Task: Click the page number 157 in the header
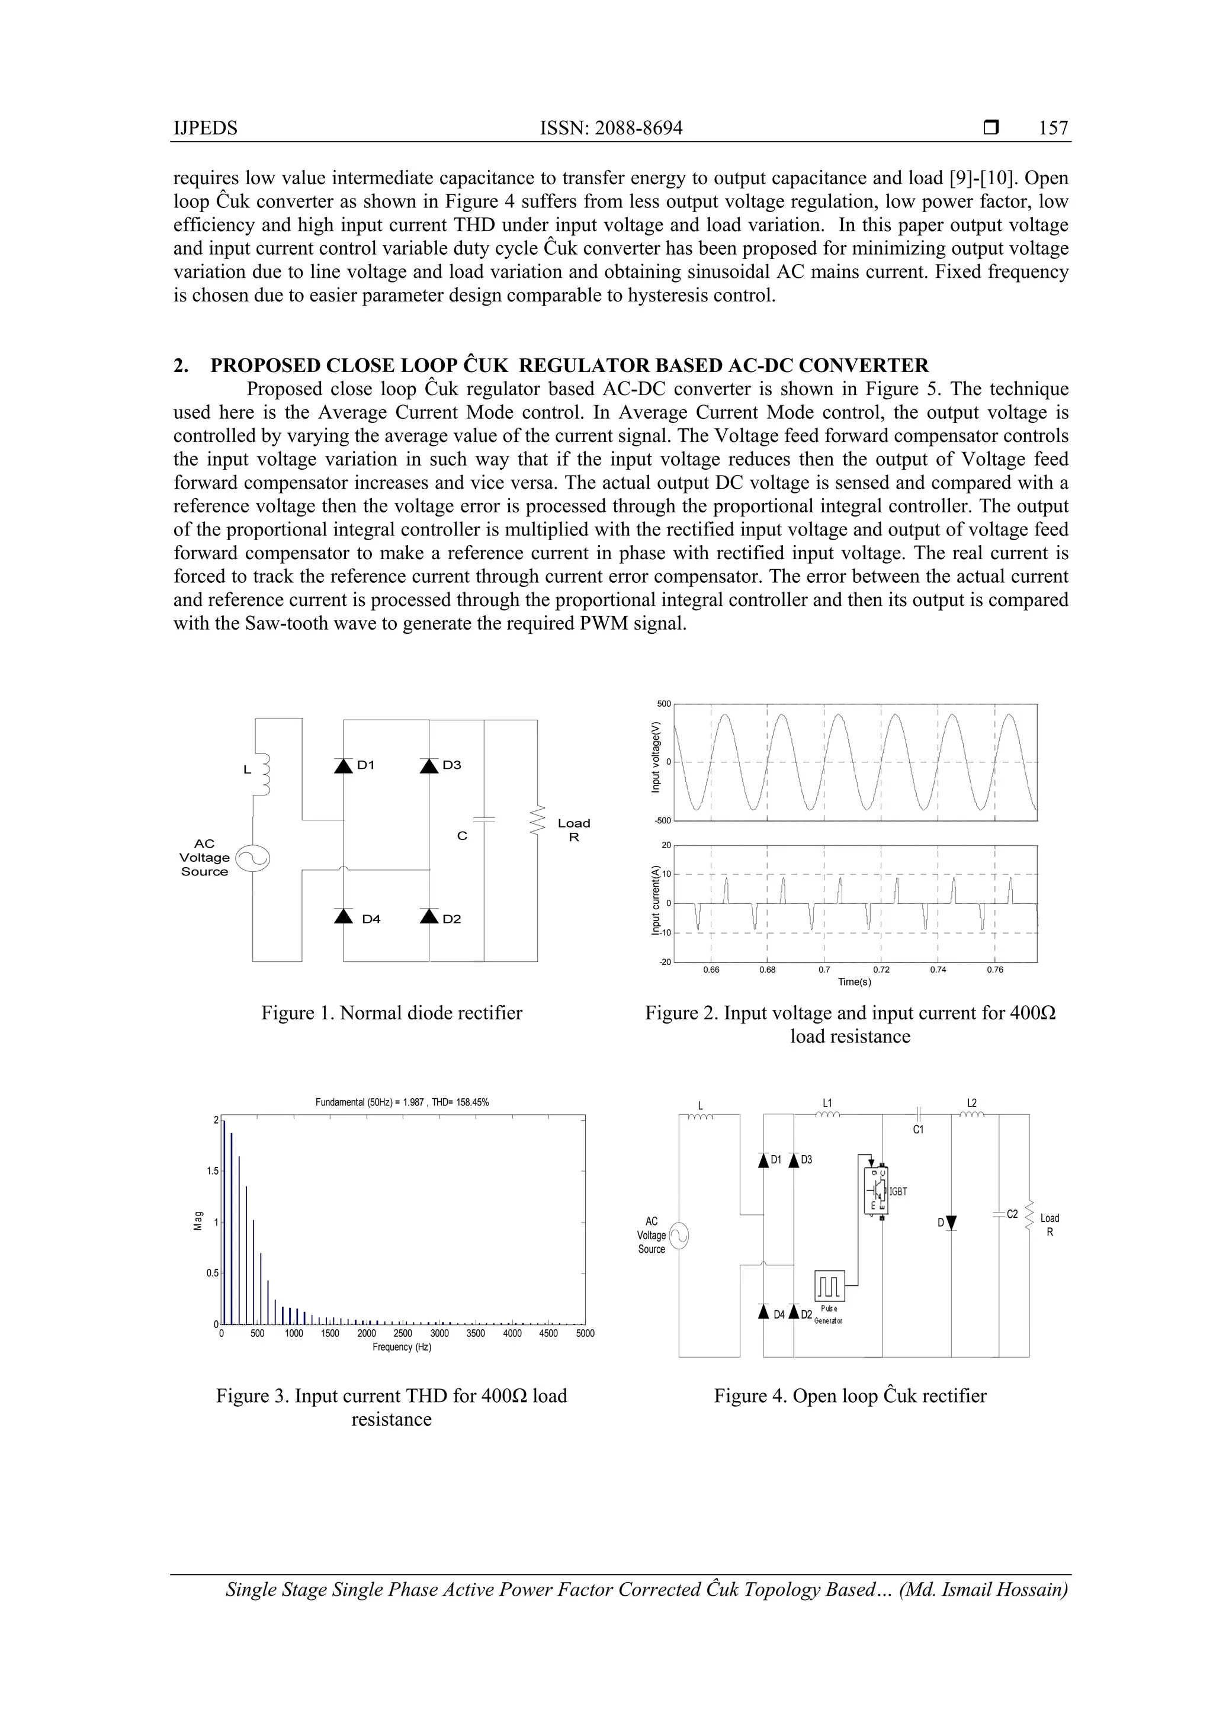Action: (1053, 128)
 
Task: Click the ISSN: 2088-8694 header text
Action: (611, 128)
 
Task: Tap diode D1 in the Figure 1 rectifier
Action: (343, 765)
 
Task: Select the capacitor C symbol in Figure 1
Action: (484, 819)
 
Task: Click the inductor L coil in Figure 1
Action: (263, 774)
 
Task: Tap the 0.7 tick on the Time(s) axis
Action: (824, 970)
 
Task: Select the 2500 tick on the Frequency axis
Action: (402, 1333)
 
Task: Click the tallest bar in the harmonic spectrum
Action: (224, 1224)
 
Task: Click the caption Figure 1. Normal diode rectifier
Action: (391, 1013)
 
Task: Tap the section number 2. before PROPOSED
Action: (180, 365)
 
